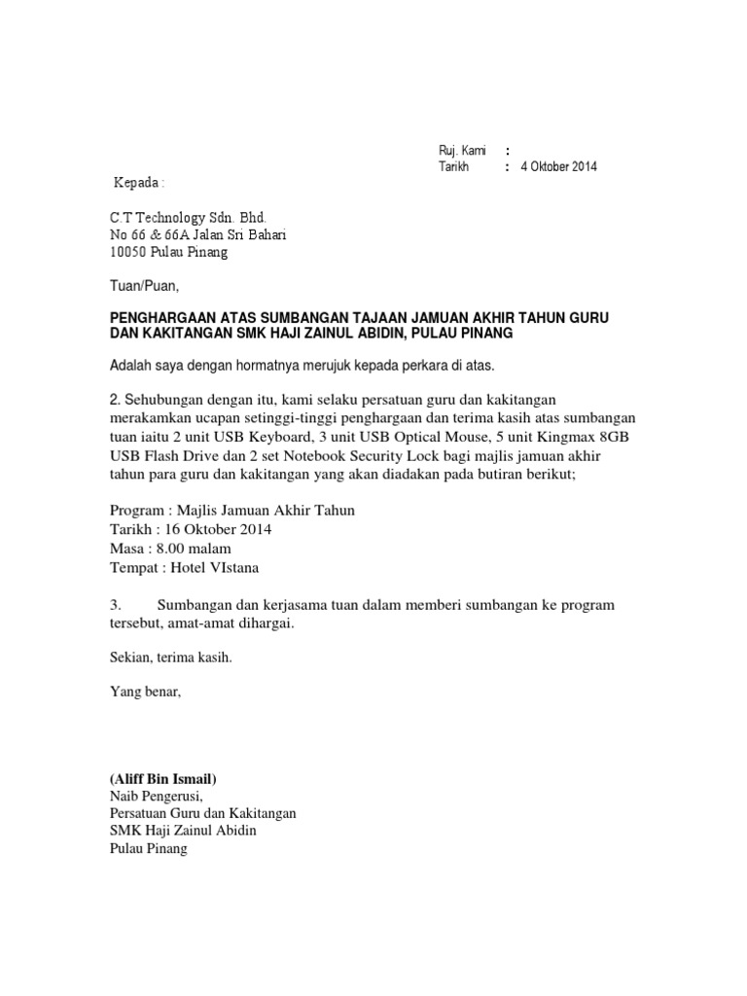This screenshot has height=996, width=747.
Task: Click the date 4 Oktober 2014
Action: coord(559,166)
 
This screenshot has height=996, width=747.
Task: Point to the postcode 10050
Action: coord(127,252)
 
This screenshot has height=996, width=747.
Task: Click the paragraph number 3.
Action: coord(115,605)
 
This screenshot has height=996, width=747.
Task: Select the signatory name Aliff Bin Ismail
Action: coord(163,779)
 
